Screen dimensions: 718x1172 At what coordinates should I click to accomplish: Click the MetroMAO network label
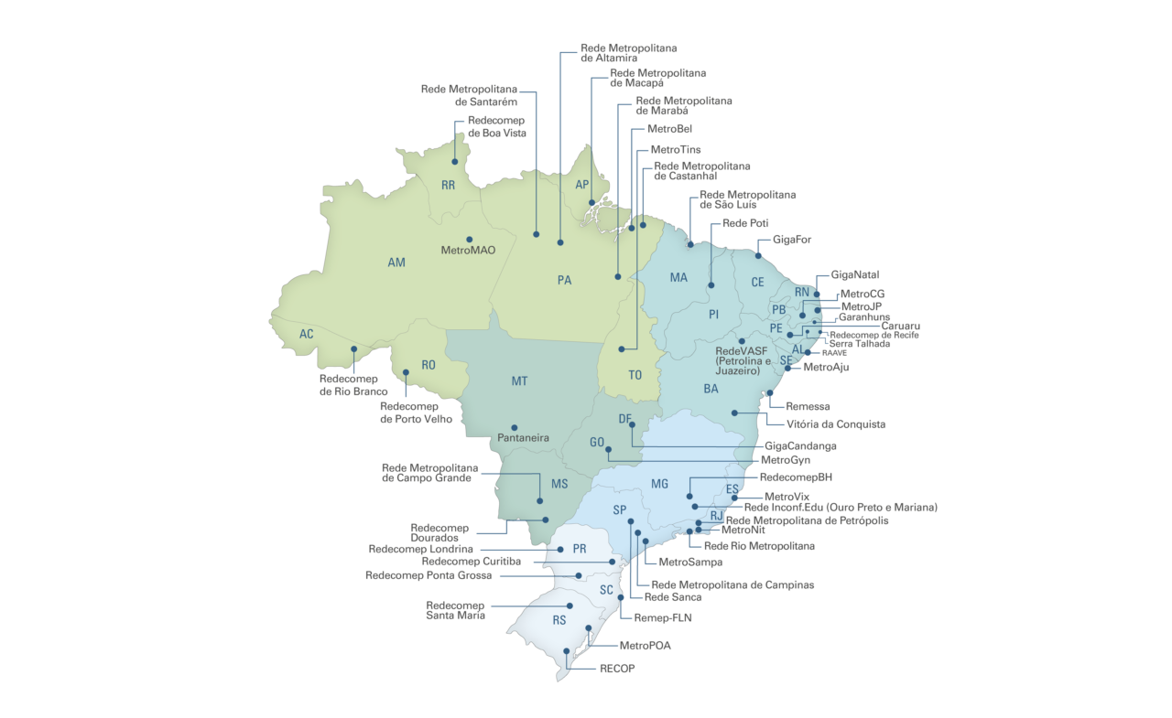(x=468, y=250)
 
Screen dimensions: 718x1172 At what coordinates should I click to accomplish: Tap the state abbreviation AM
(x=396, y=263)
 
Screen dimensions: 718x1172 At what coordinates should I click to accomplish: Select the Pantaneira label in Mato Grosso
(x=524, y=438)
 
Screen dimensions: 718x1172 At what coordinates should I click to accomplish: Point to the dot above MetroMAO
(x=470, y=240)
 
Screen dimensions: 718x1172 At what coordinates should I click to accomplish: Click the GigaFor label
(x=792, y=240)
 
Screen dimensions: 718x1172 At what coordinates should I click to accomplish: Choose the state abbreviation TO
(x=635, y=376)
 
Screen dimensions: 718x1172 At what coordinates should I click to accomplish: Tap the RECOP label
(x=617, y=669)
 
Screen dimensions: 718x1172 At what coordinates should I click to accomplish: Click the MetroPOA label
(x=645, y=646)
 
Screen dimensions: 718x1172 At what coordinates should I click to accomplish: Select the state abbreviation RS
(x=559, y=620)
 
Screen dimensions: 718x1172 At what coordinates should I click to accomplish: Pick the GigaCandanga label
(x=801, y=446)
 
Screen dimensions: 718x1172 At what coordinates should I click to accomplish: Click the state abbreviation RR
(x=449, y=186)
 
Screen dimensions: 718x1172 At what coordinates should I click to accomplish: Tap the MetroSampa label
(x=690, y=563)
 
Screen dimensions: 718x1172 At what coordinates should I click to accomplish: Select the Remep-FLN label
(x=663, y=617)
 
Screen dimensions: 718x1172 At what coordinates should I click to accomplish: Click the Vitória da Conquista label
(x=836, y=424)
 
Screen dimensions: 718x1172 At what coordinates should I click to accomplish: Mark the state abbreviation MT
(x=520, y=380)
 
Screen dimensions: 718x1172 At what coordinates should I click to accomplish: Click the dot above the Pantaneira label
(x=514, y=427)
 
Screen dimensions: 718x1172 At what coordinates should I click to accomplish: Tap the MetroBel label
(x=669, y=130)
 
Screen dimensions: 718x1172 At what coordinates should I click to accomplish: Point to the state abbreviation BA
(x=711, y=389)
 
